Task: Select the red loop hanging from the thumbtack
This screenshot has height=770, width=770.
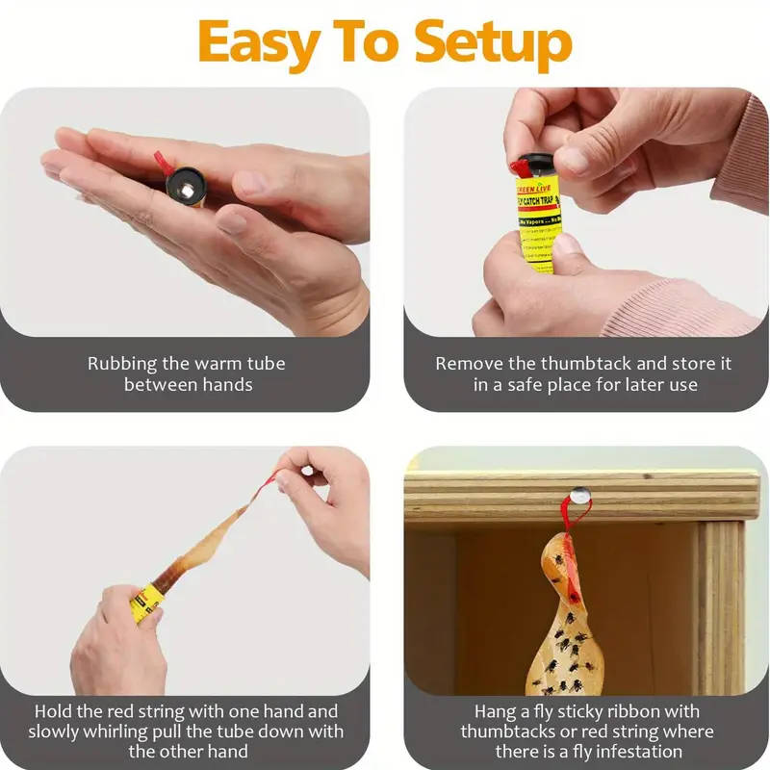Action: (574, 526)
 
